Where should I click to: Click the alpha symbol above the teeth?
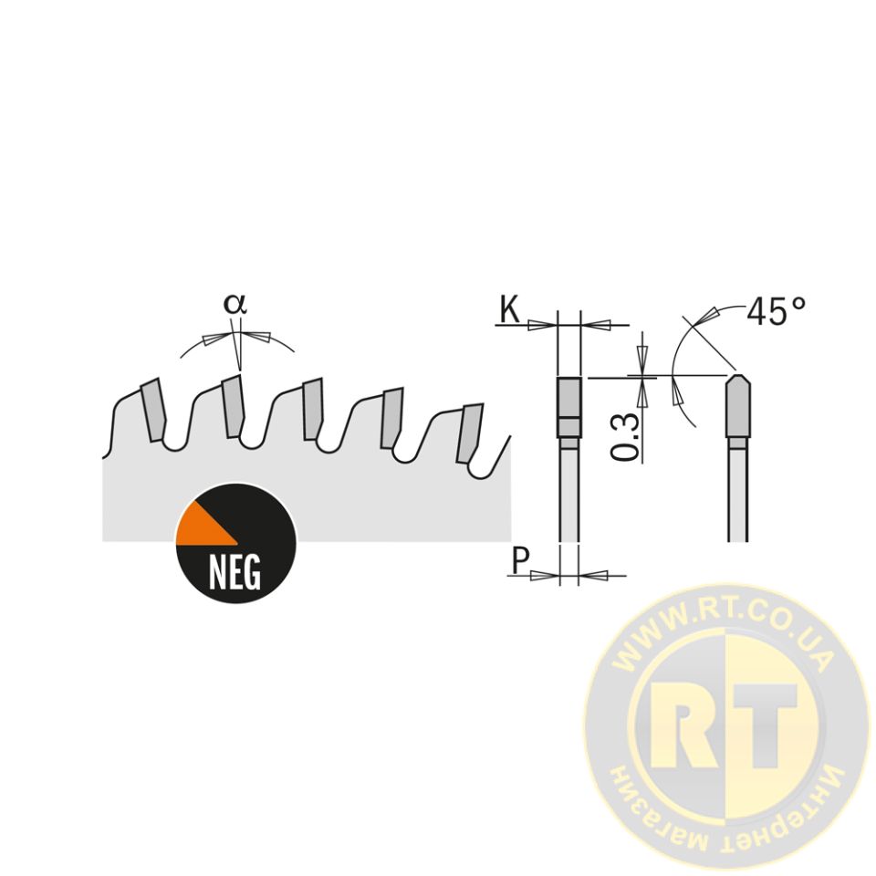click(x=235, y=304)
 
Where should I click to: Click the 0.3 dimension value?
click(x=624, y=437)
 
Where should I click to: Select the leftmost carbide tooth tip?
click(x=153, y=410)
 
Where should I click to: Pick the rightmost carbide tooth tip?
click(x=469, y=433)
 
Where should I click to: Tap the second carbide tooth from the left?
click(x=233, y=405)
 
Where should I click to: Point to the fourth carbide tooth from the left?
click(x=391, y=417)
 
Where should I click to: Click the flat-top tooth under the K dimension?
click(x=569, y=407)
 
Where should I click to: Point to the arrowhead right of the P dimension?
click(x=593, y=575)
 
